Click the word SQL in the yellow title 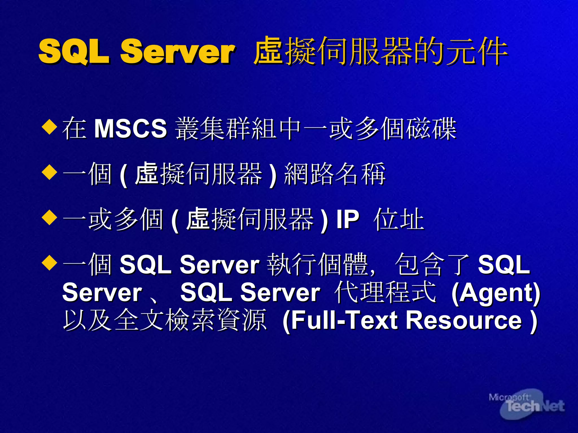(74, 51)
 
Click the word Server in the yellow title (177, 51)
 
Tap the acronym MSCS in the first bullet (130, 129)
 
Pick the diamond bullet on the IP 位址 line (49, 217)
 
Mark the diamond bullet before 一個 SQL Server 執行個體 (49, 263)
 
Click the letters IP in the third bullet (347, 219)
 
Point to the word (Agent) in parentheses (496, 293)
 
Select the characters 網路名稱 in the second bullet (335, 174)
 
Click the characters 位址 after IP (399, 219)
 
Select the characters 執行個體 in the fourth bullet (317, 264)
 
